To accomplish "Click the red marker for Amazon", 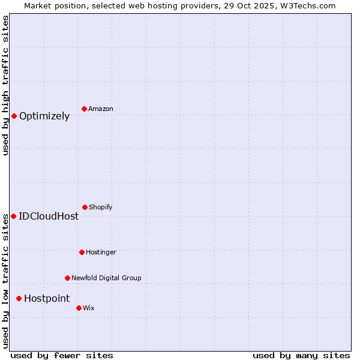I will [84, 109].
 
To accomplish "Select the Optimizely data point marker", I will [14, 116].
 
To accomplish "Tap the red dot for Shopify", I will [85, 207].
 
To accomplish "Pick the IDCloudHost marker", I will [13, 216].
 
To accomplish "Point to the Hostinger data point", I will [82, 252].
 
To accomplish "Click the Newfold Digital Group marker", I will [67, 278].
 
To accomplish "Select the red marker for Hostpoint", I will [19, 298].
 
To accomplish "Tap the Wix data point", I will [79, 308].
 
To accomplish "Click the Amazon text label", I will [101, 109].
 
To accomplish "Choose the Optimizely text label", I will [44, 116].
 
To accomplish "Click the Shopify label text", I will [101, 208].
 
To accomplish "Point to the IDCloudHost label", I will [49, 217].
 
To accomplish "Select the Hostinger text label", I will [101, 253].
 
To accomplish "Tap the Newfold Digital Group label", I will [106, 278].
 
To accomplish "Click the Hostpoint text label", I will [47, 299].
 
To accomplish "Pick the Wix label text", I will [89, 308].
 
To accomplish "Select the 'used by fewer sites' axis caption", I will [62, 355].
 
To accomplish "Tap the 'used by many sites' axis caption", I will [301, 355].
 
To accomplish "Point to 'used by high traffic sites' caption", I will [5, 85].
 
